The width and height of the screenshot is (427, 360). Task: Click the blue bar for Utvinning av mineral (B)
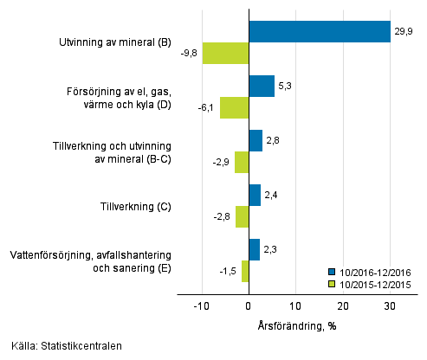[x=319, y=31]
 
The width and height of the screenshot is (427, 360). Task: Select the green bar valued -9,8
[x=225, y=53]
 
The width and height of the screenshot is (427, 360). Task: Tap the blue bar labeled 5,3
[x=262, y=86]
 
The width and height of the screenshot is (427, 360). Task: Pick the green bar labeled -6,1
[x=234, y=107]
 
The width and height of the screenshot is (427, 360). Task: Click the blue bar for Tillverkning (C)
[x=255, y=195]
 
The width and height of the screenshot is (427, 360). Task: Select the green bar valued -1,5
[x=245, y=271]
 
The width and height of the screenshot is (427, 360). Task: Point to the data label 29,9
[x=404, y=31]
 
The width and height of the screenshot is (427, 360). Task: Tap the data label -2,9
[x=222, y=162]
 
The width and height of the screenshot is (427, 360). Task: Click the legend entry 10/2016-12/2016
[x=374, y=271]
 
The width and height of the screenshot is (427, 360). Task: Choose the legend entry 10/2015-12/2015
[x=374, y=283]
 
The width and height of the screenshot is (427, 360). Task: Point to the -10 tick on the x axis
[x=201, y=306]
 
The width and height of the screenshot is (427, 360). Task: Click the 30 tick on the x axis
[x=390, y=306]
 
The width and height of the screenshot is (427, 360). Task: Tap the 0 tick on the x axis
[x=249, y=306]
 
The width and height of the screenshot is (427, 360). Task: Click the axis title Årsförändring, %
[x=297, y=325]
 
